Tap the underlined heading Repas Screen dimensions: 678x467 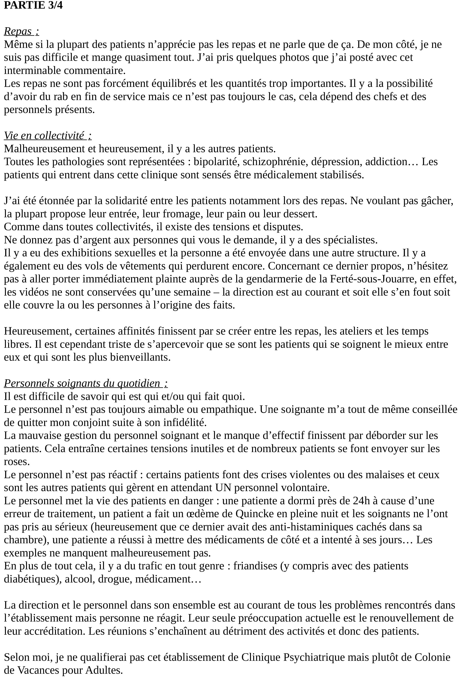coord(21,31)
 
